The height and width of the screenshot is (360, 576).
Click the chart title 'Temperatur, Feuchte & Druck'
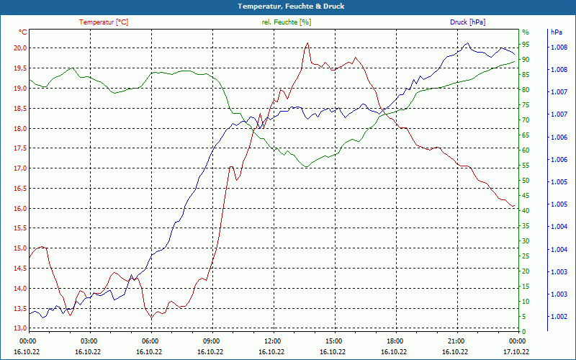pos(288,6)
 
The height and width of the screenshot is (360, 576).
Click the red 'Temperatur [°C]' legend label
pos(104,22)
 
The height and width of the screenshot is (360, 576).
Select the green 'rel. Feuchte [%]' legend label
pos(287,22)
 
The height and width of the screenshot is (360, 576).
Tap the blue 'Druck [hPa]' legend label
pos(467,22)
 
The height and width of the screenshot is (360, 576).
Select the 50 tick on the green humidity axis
pos(526,181)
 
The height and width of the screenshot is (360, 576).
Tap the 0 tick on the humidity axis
pos(523,332)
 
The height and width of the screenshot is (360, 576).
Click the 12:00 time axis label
pos(273,341)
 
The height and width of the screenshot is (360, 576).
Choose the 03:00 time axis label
pos(89,341)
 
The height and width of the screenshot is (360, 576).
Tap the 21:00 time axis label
pos(456,341)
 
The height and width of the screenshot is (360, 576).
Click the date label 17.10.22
pos(516,352)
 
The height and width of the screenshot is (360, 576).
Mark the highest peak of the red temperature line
pos(307,42)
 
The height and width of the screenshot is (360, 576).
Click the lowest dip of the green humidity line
pos(306,167)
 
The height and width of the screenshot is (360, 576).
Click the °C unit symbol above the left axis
pos(23,32)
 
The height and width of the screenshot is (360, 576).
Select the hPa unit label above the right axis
pos(556,32)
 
